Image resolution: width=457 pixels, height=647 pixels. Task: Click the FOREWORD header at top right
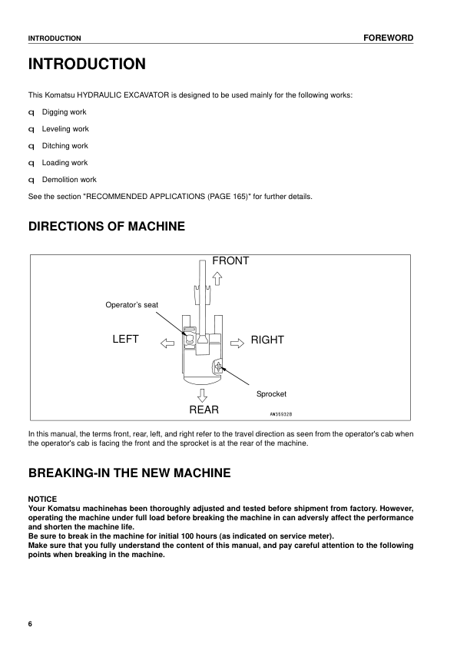pos(388,38)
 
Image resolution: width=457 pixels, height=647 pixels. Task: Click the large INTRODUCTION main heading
pos(86,64)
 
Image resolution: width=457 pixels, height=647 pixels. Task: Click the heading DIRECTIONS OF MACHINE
pos(107,227)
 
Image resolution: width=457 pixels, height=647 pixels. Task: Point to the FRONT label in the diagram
pos(230,261)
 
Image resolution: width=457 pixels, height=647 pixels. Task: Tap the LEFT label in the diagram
pos(125,339)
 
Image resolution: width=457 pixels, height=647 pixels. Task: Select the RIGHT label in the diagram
pos(267,340)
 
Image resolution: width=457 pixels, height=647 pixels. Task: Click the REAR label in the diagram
pos(204,410)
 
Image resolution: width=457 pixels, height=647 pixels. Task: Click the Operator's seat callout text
pos(131,305)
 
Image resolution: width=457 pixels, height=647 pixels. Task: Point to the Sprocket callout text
pos(271,393)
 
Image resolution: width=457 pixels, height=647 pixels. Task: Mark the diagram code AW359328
pos(286,413)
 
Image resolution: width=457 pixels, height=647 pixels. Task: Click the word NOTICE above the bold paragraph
pos(42,499)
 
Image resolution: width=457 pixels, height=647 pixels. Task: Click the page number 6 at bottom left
pos(31,623)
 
